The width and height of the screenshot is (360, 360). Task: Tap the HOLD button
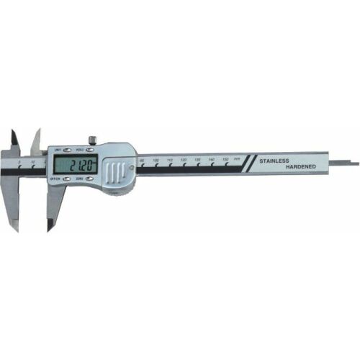coord(91,150)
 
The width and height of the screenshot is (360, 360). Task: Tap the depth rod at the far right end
coord(348,163)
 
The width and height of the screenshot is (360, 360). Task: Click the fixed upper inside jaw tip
coord(14,137)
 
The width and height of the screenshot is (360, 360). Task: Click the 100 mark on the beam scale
coord(156,161)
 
